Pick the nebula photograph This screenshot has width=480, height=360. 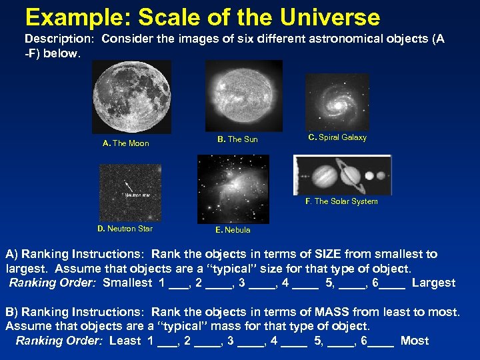[233, 189]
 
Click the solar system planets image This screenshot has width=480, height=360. [342, 175]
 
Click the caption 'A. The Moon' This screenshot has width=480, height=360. [126, 143]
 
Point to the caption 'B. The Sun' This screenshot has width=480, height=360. [237, 139]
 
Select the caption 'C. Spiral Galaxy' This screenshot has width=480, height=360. [337, 137]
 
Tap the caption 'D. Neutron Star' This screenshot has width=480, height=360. [125, 229]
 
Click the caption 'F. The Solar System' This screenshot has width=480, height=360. [341, 201]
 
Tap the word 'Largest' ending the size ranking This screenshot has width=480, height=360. [433, 283]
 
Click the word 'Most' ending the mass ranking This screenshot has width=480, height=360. [415, 341]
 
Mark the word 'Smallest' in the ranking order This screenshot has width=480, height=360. [127, 283]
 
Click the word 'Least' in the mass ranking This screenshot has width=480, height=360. [125, 341]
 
